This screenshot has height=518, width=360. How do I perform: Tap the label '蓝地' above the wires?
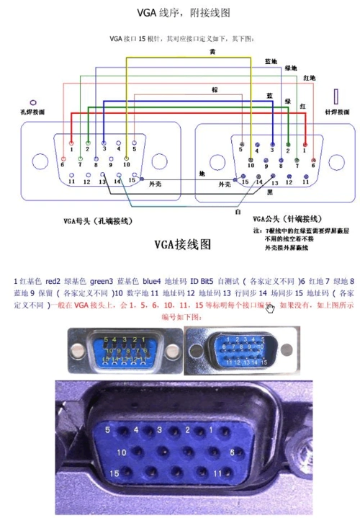coord(271,62)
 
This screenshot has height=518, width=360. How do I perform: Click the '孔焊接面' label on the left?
coord(33,112)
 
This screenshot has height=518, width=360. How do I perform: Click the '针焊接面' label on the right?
coord(337,112)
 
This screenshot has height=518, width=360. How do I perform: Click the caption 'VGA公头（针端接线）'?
coord(287,218)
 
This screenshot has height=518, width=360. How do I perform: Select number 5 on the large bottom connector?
coord(108,430)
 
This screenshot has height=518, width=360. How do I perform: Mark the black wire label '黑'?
coord(269,194)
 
